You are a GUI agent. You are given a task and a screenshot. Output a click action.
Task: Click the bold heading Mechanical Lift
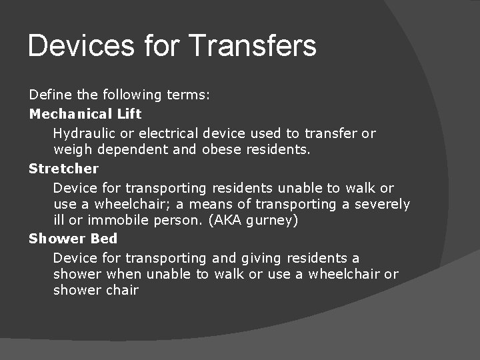85,113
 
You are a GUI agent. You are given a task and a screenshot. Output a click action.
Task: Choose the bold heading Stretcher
63,169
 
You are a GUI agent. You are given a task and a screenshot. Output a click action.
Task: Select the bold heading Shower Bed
73,239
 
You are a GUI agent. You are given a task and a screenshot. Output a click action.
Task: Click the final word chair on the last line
121,290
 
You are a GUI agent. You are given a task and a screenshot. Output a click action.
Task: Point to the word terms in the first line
188,95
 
